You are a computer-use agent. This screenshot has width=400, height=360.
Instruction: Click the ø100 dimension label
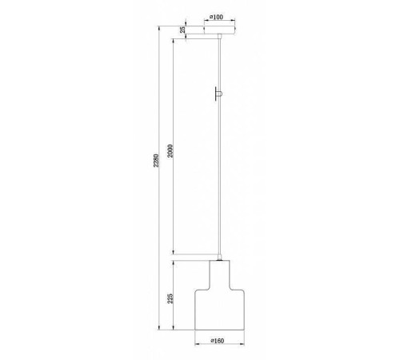[216, 16]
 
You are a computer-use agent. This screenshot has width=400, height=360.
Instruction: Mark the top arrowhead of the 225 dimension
[175, 262]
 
